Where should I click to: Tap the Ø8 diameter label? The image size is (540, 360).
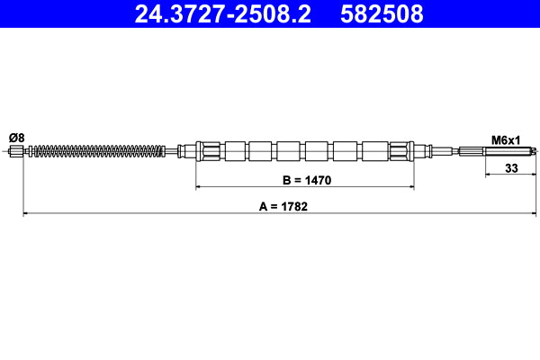point(16,137)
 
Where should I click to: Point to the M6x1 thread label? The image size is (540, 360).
point(506,139)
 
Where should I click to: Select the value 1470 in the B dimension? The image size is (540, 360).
point(316,181)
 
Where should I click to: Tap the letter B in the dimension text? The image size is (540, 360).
point(286,181)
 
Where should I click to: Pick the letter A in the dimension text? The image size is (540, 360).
point(264,206)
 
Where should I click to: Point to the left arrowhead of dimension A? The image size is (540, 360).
point(25,213)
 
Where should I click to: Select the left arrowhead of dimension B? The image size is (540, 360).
point(200,188)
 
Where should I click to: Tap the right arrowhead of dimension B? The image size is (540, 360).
point(410,188)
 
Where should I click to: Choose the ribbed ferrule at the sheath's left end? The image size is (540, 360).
point(208,151)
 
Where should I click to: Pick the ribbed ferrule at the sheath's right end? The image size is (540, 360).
point(402,151)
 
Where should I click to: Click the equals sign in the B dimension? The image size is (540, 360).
point(297,181)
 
